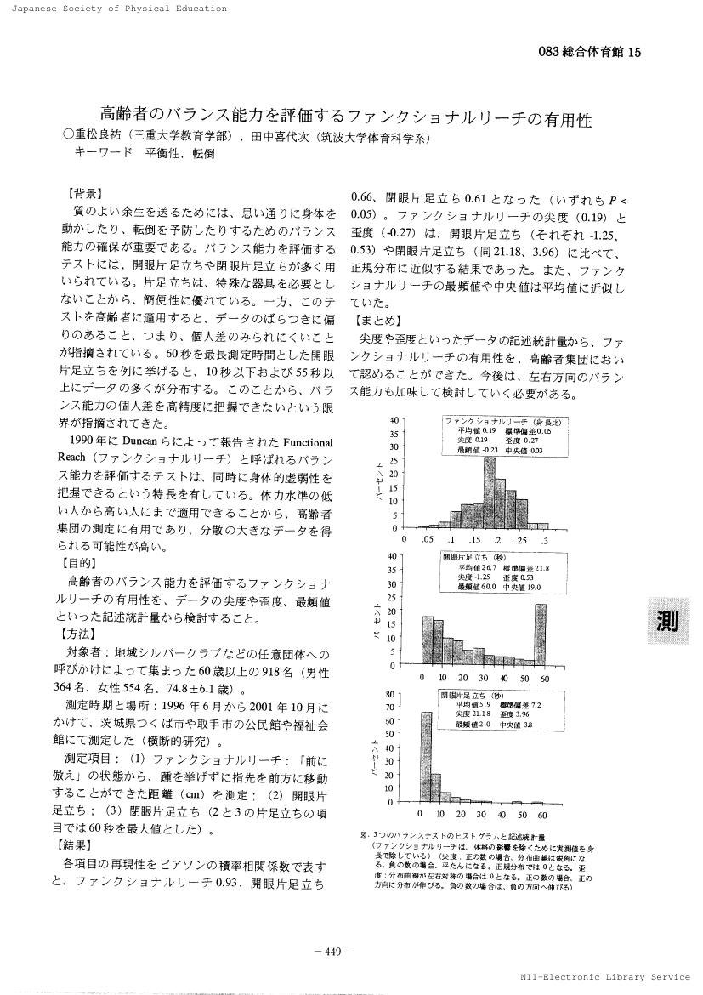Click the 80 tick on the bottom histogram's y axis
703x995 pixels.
point(392,693)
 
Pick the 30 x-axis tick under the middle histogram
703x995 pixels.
point(483,678)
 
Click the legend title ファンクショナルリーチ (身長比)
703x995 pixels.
point(506,423)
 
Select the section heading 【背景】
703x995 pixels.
point(84,193)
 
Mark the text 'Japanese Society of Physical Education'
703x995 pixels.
point(115,9)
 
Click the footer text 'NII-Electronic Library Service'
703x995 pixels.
point(608,977)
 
